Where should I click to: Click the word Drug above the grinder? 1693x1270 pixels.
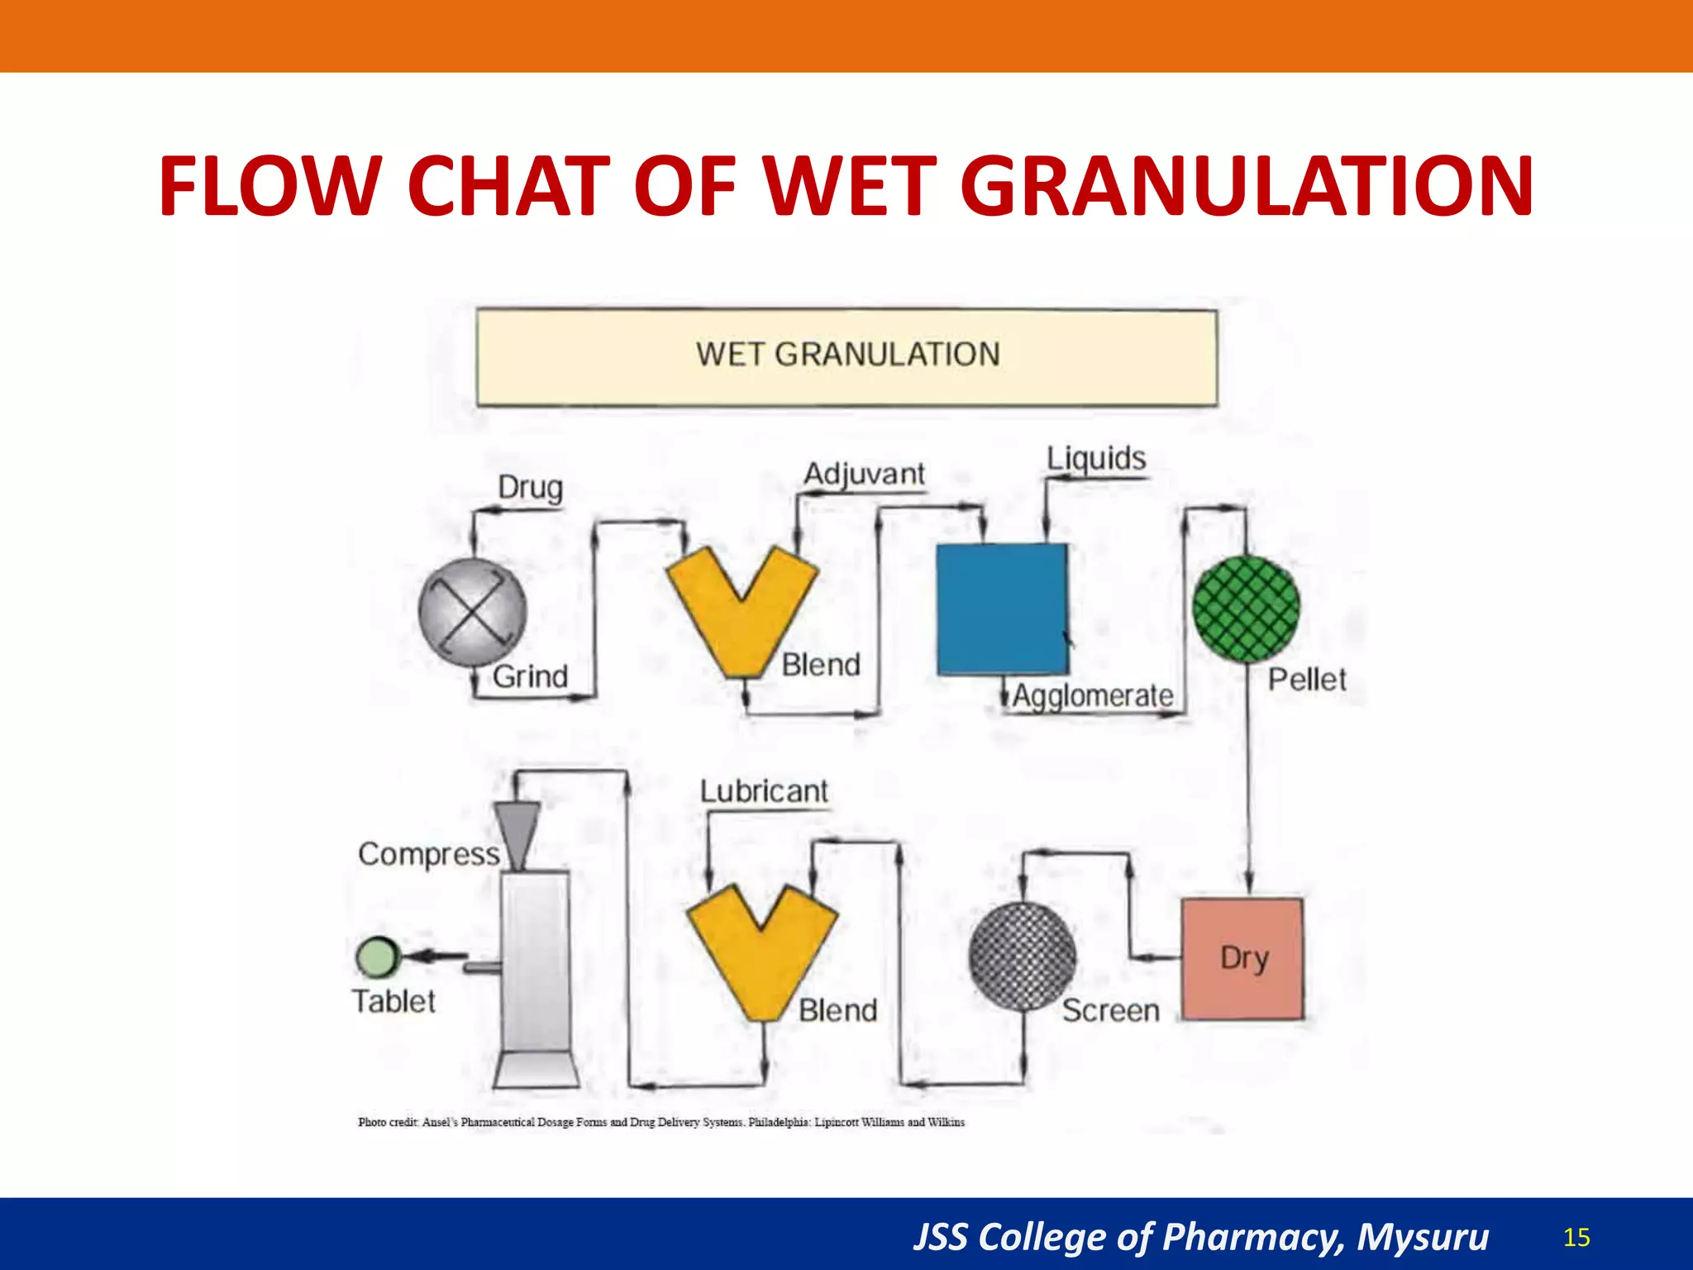coord(530,488)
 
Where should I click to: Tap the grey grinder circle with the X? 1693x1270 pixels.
coord(472,613)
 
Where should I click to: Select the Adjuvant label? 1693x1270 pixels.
coord(864,475)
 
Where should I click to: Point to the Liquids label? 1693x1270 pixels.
coord(1096,459)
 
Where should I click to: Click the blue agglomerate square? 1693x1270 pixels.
coord(1002,609)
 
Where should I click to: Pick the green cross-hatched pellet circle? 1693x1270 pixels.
coord(1246,609)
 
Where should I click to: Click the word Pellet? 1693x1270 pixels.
coord(1307,680)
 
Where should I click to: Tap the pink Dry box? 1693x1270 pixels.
coord(1242,959)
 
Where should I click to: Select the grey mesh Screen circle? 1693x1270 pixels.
coord(1023,957)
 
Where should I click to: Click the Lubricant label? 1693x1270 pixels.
coord(764,791)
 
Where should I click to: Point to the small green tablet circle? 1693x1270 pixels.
coord(377,957)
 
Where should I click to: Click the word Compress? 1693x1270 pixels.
coord(428,854)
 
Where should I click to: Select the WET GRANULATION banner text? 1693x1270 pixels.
coord(847,355)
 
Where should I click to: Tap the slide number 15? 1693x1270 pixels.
coord(1576,1237)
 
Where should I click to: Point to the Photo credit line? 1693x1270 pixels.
coord(661,1122)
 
